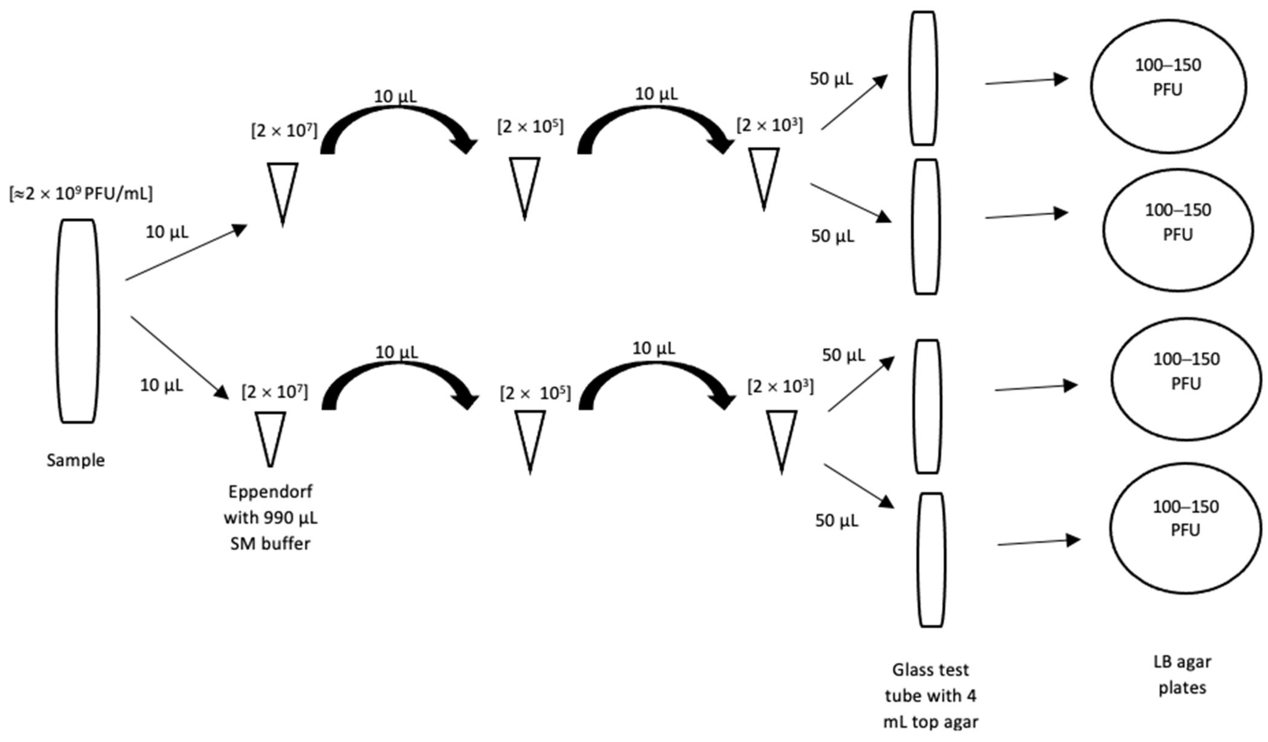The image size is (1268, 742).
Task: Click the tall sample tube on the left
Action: coord(77,321)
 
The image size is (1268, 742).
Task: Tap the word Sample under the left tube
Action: coord(76,460)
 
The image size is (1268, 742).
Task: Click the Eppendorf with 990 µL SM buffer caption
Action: coord(270,517)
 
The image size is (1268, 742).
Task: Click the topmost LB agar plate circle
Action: coord(1168,87)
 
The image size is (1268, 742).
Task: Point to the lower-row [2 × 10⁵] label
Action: coord(535,393)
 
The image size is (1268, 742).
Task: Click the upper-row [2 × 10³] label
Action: coord(769,125)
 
